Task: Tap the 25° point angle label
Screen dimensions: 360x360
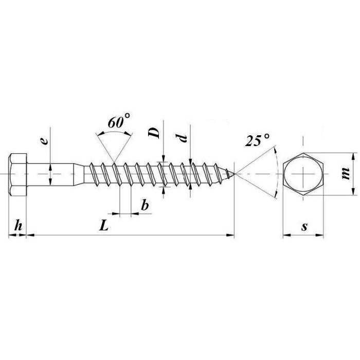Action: click(257, 139)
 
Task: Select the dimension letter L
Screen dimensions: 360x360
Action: click(104, 225)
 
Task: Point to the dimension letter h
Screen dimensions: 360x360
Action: click(18, 225)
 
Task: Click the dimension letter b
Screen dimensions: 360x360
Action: click(145, 205)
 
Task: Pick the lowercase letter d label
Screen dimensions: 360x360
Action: click(183, 138)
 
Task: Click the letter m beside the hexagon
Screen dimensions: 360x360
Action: click(345, 174)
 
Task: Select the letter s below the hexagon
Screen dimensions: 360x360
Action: click(304, 227)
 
